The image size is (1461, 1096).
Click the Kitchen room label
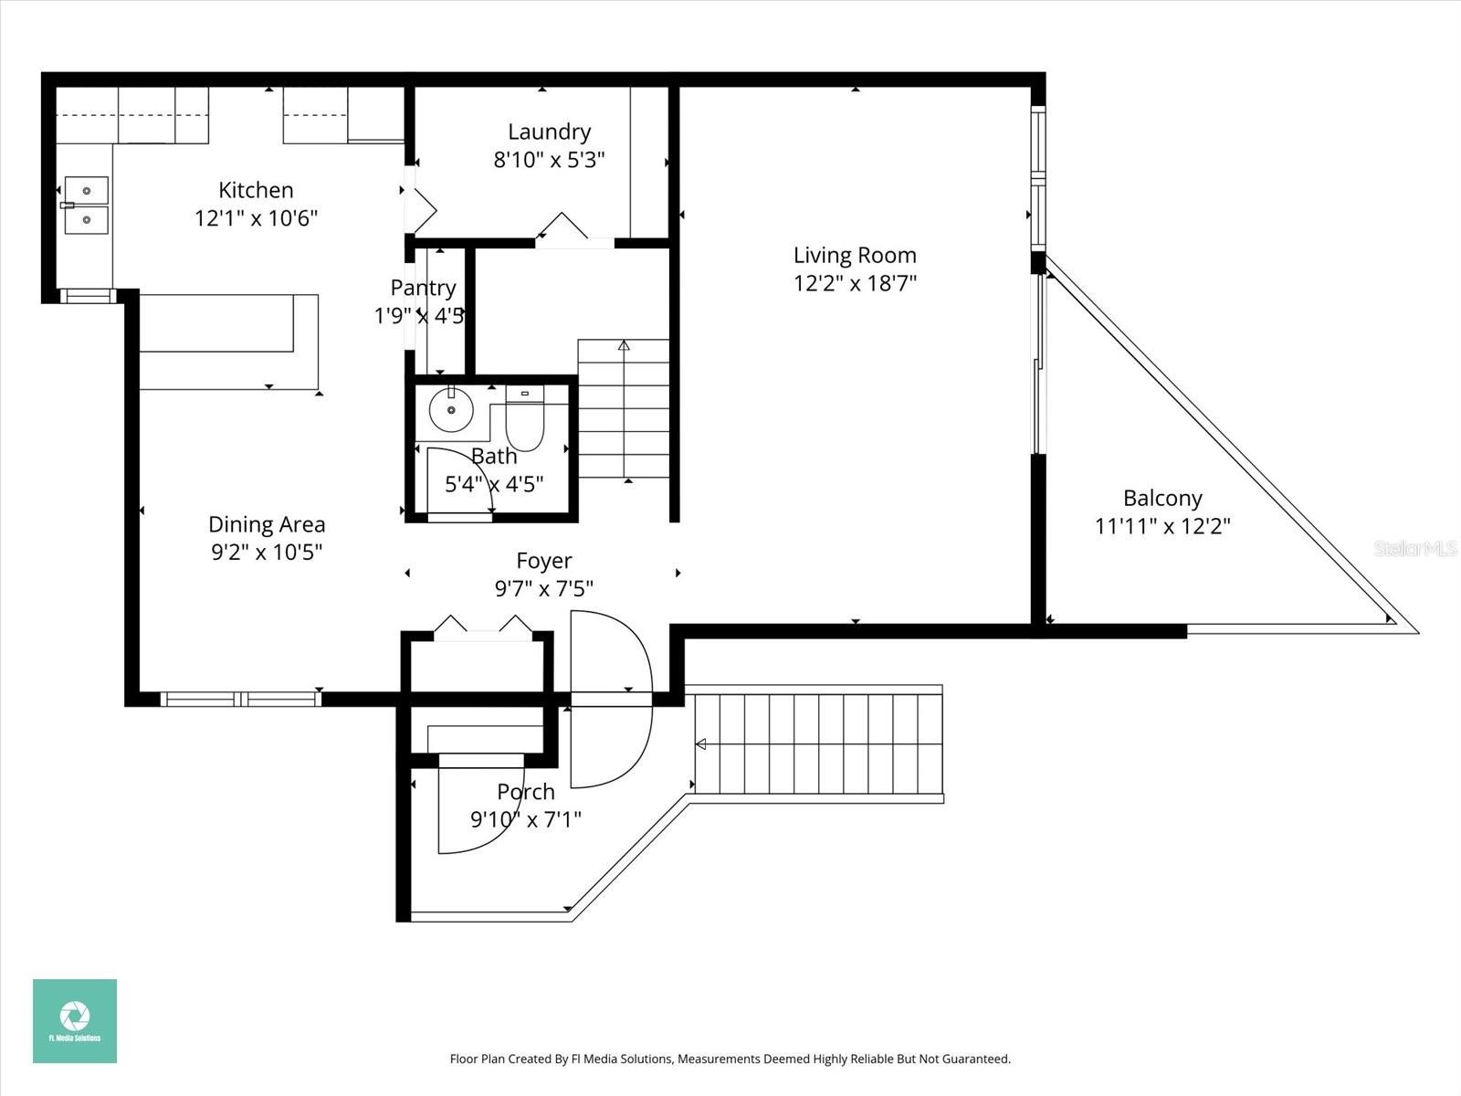click(256, 190)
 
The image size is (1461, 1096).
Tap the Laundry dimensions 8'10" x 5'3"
click(549, 160)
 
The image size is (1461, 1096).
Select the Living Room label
click(855, 256)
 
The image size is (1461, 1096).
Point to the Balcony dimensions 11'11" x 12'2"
click(1162, 526)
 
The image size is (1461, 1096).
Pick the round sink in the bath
click(451, 410)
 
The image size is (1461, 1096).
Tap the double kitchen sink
click(85, 205)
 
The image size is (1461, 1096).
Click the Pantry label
click(423, 288)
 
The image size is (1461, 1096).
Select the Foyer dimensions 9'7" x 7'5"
click(543, 589)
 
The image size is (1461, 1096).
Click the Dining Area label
click(267, 524)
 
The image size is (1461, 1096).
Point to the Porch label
click(526, 792)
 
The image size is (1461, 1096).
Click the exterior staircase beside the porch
click(818, 743)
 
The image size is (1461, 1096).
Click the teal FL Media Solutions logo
click(75, 1021)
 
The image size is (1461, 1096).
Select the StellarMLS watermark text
click(1415, 549)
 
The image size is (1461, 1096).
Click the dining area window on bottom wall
click(241, 700)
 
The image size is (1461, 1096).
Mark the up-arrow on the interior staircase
click(624, 346)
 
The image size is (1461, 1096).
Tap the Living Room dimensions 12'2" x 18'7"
click(855, 283)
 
